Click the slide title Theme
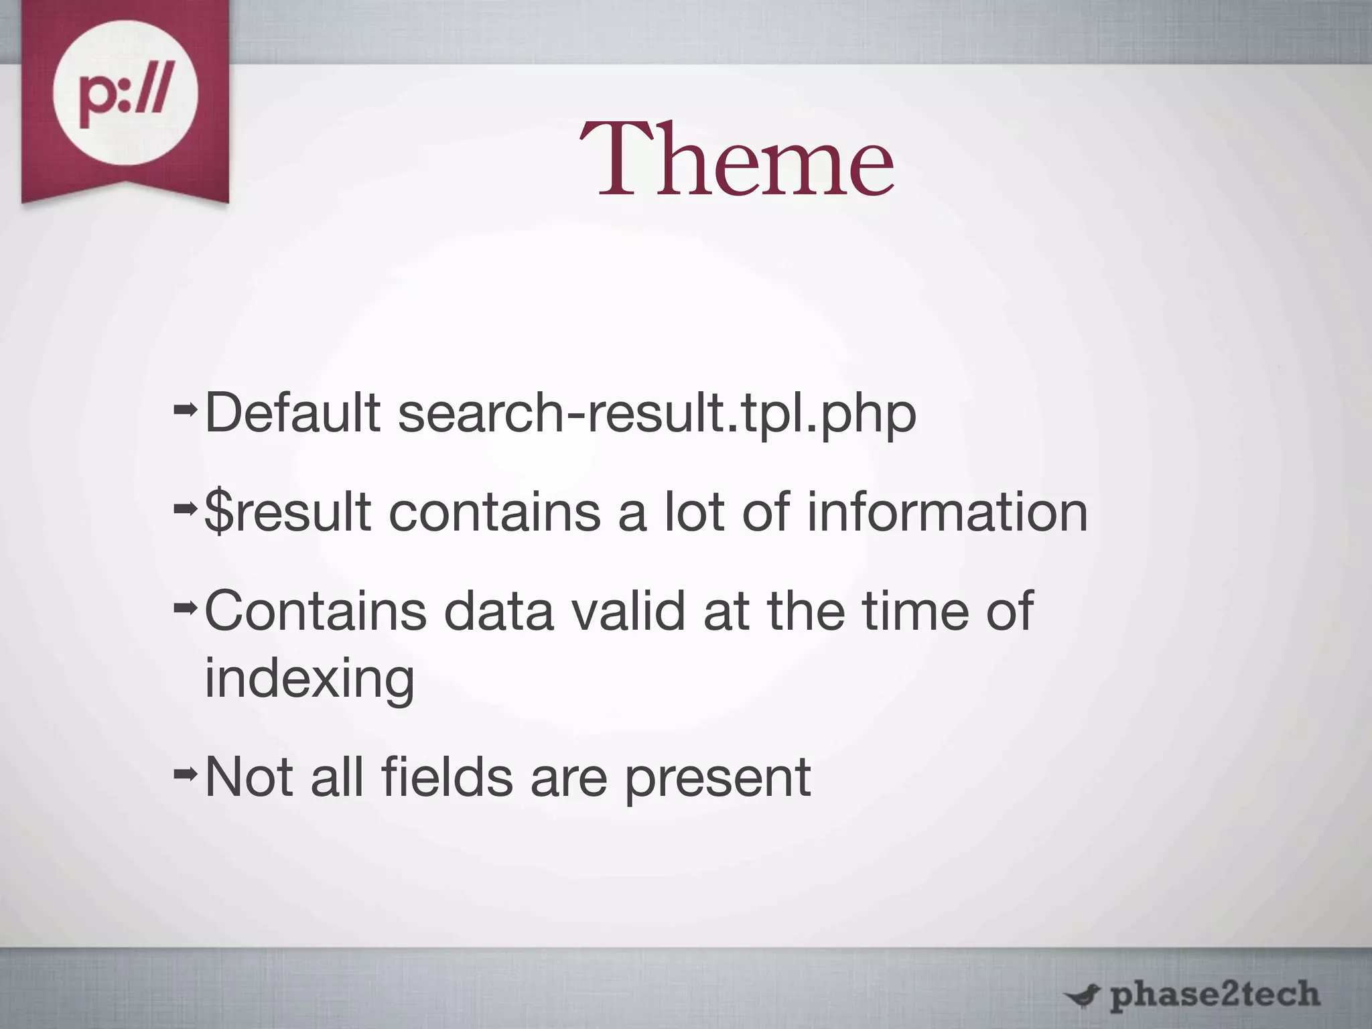coord(736,160)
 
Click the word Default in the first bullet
coord(292,413)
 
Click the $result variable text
coord(287,512)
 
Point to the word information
coord(947,512)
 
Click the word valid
coord(628,611)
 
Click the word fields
coord(447,777)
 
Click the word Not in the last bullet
coord(249,777)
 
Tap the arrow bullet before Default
coord(185,408)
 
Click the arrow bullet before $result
coord(185,508)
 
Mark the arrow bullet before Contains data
coord(185,606)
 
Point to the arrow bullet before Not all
coord(185,774)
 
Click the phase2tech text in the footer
coord(1214,995)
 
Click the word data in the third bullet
coord(499,611)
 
